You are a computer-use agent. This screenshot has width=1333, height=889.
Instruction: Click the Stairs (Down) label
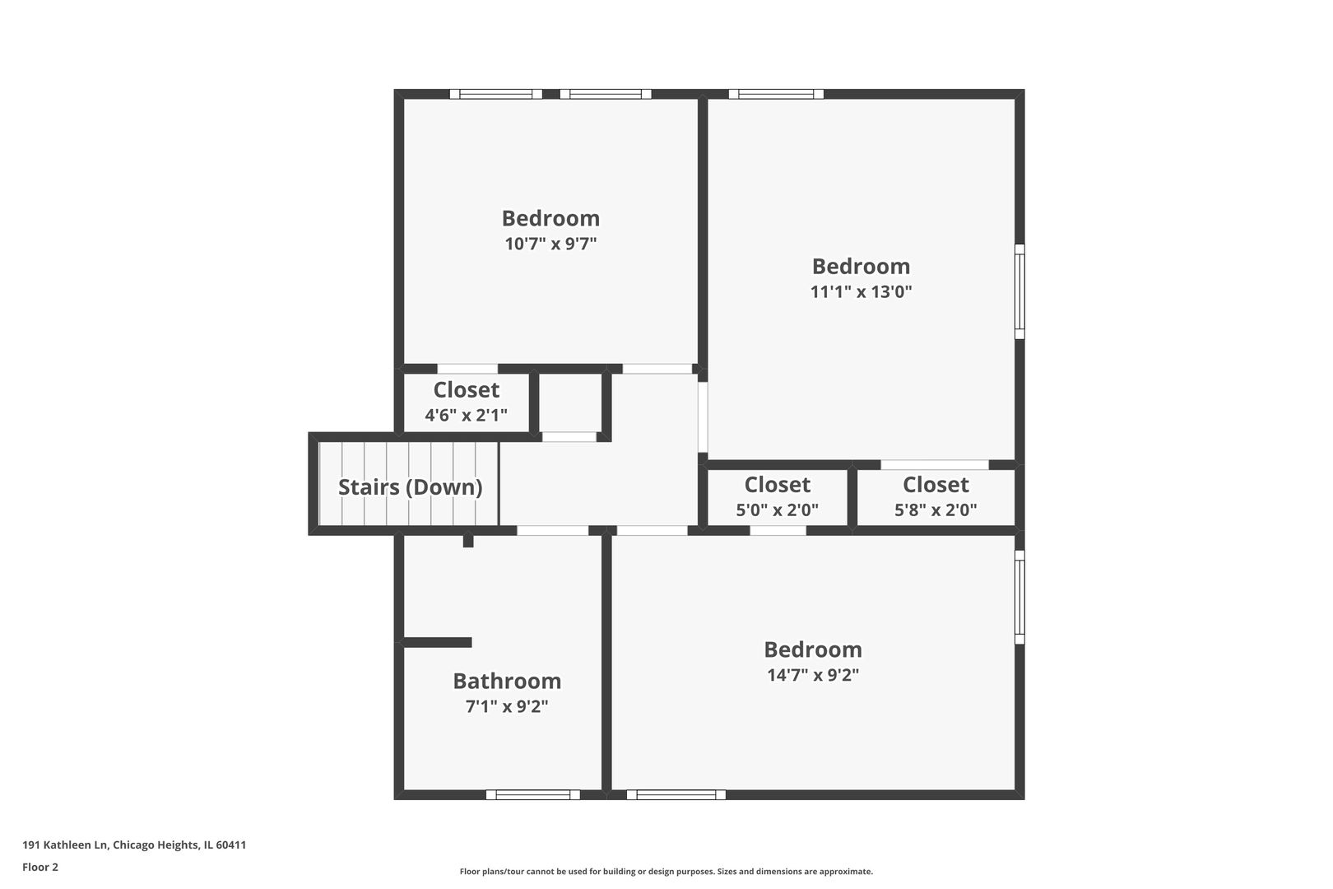410,486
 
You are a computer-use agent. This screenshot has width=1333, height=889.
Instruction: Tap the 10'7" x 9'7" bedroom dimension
550,244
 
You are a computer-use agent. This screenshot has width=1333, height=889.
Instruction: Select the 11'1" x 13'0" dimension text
861,291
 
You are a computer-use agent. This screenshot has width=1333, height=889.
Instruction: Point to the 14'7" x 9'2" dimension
813,675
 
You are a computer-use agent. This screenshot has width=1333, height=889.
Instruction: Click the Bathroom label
507,681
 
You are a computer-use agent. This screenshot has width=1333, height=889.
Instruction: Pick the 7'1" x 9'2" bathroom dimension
507,706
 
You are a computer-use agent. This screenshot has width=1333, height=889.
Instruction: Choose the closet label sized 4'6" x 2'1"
466,389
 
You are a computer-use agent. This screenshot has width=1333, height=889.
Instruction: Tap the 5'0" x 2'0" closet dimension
777,510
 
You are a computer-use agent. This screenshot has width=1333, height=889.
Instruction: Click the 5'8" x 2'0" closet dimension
936,510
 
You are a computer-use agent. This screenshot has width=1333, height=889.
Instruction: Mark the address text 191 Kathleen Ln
134,845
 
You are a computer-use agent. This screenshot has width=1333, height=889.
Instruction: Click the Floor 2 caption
40,867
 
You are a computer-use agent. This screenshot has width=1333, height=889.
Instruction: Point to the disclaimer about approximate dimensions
666,871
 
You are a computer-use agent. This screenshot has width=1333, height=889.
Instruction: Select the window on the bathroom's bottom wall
532,794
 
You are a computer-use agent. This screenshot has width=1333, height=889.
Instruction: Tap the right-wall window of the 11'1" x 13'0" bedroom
1019,291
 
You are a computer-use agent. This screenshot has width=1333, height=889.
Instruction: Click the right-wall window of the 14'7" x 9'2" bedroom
1019,597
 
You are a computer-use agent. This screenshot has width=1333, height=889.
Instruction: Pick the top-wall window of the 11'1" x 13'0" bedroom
776,94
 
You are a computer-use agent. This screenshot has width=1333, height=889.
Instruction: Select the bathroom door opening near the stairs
552,531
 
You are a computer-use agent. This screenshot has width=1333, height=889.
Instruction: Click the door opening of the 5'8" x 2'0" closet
934,465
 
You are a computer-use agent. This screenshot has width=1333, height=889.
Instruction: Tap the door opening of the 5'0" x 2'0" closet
778,531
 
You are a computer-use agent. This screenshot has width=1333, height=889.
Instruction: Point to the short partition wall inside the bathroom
437,642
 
